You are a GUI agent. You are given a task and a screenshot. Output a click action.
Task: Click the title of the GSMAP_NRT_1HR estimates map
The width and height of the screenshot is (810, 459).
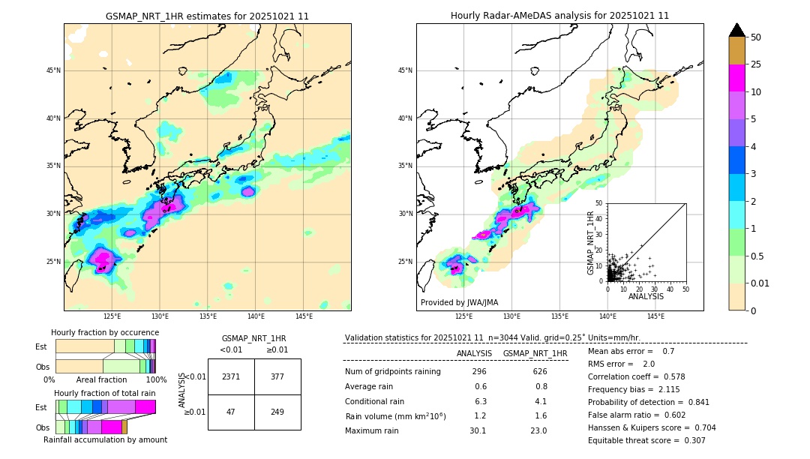(207, 16)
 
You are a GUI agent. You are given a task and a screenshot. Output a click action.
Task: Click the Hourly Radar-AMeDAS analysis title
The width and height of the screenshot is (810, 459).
(559, 16)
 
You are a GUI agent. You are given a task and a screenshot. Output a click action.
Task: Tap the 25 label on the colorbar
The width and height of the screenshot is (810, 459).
(756, 64)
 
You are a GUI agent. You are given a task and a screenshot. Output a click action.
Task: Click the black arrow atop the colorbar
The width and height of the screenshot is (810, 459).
(737, 30)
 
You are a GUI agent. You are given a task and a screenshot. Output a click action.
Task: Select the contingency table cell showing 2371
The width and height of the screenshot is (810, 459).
(231, 376)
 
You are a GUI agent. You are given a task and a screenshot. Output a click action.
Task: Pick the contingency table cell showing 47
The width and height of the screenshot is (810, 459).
(231, 412)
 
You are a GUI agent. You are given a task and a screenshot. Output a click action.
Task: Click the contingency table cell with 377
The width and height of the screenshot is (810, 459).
(277, 376)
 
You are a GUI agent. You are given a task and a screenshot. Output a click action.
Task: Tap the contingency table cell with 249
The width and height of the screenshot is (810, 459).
(277, 412)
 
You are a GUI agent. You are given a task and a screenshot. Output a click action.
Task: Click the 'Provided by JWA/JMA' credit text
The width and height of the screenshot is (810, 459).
(459, 302)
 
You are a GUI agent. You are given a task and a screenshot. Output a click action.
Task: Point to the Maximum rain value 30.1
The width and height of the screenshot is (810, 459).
(478, 430)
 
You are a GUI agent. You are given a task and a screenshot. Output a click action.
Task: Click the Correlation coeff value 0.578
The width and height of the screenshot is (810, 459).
(691, 376)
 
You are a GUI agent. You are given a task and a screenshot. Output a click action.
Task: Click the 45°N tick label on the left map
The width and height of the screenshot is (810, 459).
(53, 70)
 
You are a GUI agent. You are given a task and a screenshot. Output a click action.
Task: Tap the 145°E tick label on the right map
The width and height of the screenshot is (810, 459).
(655, 316)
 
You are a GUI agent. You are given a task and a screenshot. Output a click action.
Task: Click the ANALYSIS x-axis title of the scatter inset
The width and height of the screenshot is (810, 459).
(646, 296)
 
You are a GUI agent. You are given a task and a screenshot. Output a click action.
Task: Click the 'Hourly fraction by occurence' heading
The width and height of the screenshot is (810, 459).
(105, 332)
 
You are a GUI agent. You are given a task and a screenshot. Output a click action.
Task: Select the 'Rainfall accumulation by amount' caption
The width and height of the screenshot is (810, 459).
(105, 439)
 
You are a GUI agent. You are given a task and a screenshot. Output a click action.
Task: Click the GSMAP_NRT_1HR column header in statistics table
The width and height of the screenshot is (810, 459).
(535, 353)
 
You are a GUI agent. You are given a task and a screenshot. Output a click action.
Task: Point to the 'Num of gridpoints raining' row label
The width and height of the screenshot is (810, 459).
(392, 371)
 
